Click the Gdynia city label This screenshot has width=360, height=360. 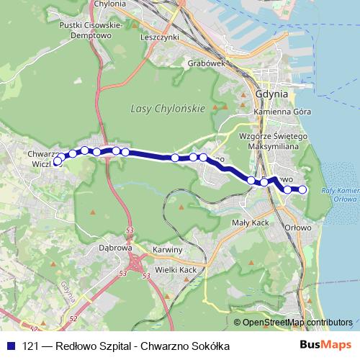pyautogui.click(x=271, y=94)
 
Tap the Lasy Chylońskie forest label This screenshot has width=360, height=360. pyautogui.click(x=168, y=108)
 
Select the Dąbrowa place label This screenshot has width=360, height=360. pyautogui.click(x=114, y=247)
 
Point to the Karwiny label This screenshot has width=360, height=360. pyautogui.click(x=167, y=249)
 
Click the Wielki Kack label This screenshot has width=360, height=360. pyautogui.click(x=176, y=269)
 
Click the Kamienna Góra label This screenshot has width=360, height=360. pyautogui.click(x=282, y=114)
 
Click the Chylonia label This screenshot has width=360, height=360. pyautogui.click(x=110, y=4)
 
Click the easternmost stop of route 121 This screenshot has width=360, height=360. pyautogui.click(x=302, y=189)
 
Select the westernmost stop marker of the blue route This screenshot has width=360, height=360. pyautogui.click(x=58, y=162)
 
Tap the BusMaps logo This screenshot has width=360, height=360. pyautogui.click(x=326, y=346)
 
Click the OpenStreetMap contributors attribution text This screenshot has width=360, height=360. pyautogui.click(x=297, y=322)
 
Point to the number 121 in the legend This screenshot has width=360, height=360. pyautogui.click(x=30, y=346)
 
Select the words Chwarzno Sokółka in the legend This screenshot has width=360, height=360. pyautogui.click(x=186, y=346)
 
